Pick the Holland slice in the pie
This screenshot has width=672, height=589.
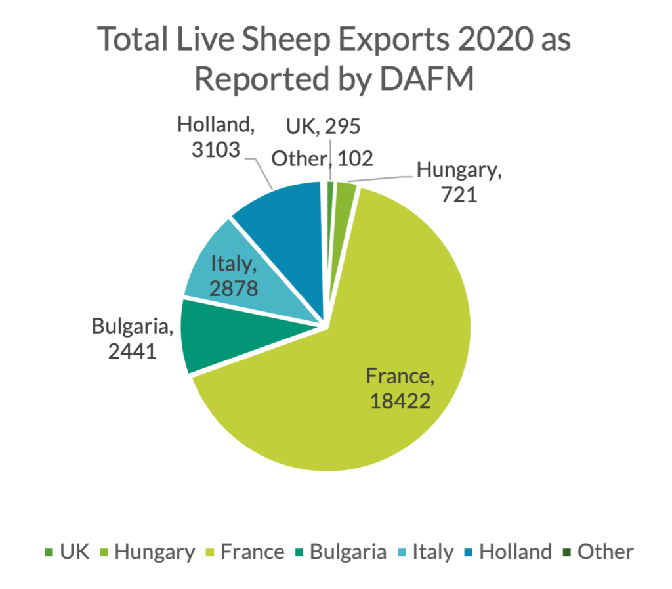(289, 217)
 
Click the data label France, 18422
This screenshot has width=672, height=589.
(400, 388)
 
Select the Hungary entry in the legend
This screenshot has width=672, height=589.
(147, 552)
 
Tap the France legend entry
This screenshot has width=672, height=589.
(245, 552)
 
